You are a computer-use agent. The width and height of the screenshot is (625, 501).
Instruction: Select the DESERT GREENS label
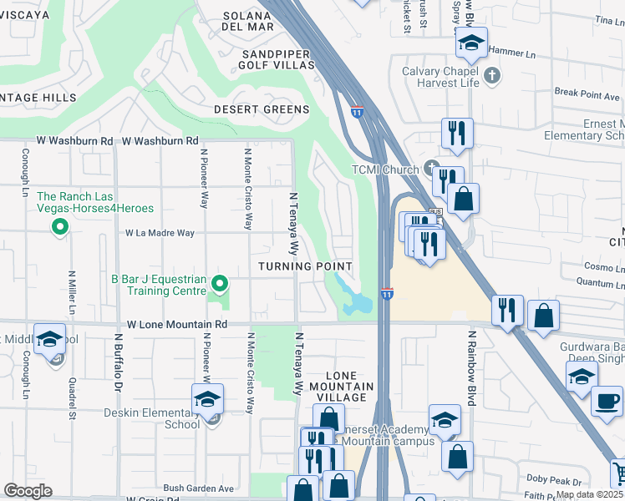coord(261,109)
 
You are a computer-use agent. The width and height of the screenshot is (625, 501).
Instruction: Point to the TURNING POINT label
coord(305,266)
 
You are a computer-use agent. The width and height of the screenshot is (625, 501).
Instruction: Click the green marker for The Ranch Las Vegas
coord(60,226)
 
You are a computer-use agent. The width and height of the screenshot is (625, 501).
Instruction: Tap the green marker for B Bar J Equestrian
coord(220,285)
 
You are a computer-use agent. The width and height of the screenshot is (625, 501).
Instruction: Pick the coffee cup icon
coord(606,400)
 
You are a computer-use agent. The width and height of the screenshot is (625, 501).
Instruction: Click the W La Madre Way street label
coord(160,234)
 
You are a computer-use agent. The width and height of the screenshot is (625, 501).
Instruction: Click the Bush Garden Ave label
coord(199,488)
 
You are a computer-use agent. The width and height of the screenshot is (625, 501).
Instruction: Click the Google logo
coord(28,491)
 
